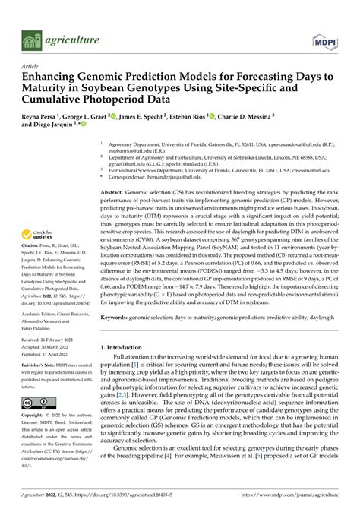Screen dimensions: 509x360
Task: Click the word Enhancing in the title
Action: point(52,77)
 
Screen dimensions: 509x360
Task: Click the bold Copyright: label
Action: point(34,417)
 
